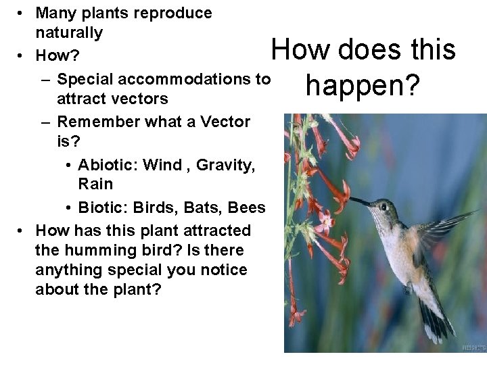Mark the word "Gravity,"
pyautogui.click(x=226, y=165)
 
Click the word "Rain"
pyautogui.click(x=95, y=184)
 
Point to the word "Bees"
pyautogui.click(x=247, y=207)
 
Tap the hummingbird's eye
pyautogui.click(x=383, y=205)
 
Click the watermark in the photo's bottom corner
pyautogui.click(x=473, y=348)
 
